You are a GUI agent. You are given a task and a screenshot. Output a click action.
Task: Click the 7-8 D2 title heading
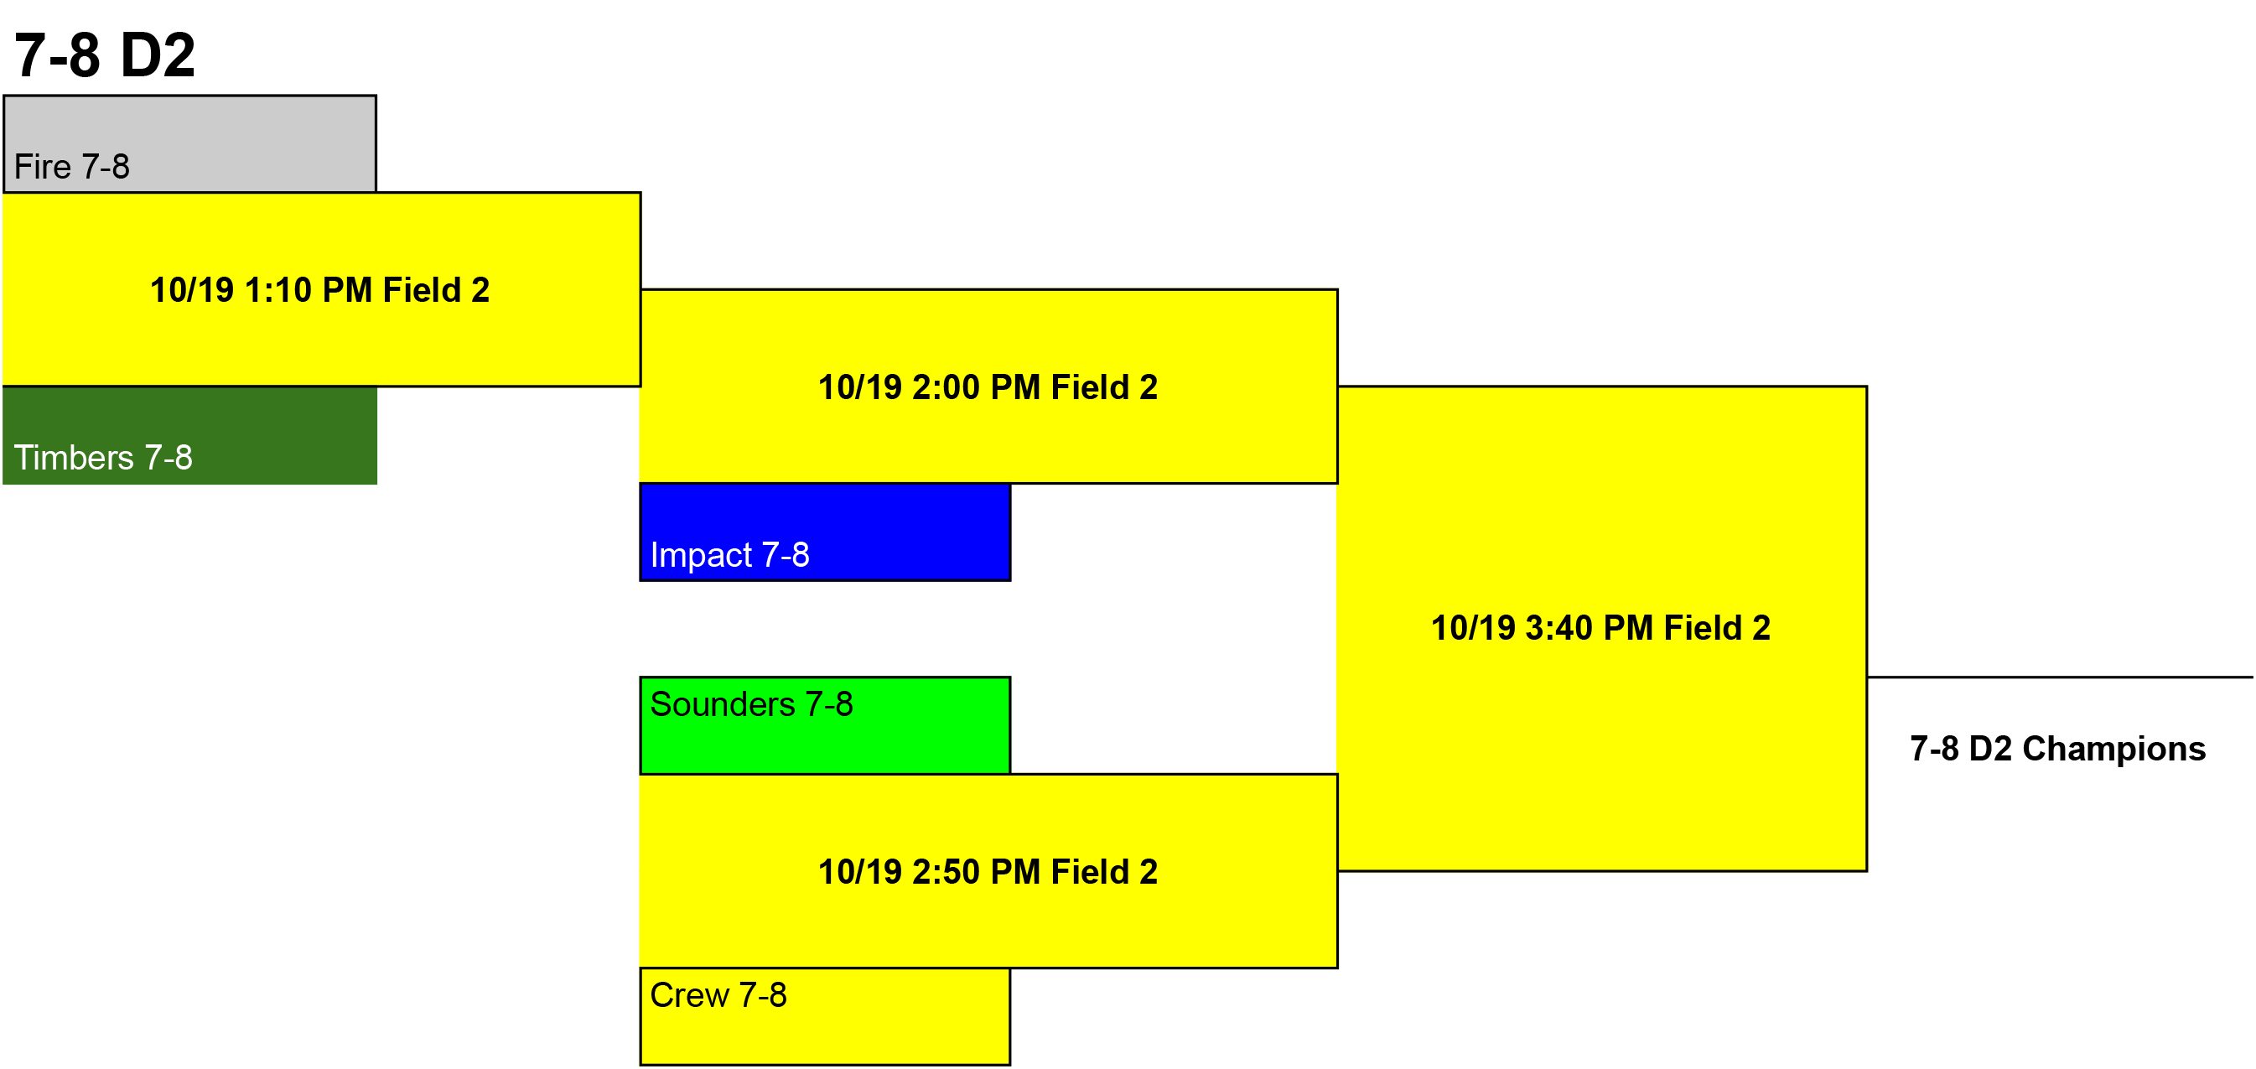coord(104,55)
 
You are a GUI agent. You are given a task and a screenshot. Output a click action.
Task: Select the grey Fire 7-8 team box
coord(190,143)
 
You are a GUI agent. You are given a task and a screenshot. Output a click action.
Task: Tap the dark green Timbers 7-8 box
coord(190,435)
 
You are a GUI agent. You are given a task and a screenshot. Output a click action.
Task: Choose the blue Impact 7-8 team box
coord(825,532)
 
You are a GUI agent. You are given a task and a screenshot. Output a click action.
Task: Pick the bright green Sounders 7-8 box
coord(825,725)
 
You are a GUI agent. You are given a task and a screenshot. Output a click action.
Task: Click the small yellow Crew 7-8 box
coord(825,1016)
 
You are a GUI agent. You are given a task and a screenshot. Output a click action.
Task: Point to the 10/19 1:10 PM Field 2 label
coord(319,290)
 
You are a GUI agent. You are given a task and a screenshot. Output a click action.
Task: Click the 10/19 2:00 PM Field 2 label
coord(988,387)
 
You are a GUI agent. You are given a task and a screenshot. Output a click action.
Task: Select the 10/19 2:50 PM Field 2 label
coord(988,871)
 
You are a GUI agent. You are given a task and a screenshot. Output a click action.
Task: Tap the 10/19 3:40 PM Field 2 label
coord(1601,628)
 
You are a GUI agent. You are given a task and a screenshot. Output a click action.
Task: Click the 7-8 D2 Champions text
coord(2057,749)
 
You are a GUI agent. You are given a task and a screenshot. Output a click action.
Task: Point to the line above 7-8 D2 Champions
coord(2060,677)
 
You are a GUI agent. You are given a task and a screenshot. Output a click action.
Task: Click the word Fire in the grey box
coord(42,166)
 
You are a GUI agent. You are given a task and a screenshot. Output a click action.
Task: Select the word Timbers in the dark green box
coord(74,457)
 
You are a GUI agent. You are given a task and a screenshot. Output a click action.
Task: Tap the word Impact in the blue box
coord(701,555)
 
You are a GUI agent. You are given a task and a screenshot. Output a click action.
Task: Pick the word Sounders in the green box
coord(723,704)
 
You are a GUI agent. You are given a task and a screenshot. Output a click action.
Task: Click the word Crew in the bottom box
coord(689,994)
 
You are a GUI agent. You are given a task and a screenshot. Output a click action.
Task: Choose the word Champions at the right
coord(2114,750)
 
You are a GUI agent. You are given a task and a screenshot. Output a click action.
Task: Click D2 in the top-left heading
coord(158,55)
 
